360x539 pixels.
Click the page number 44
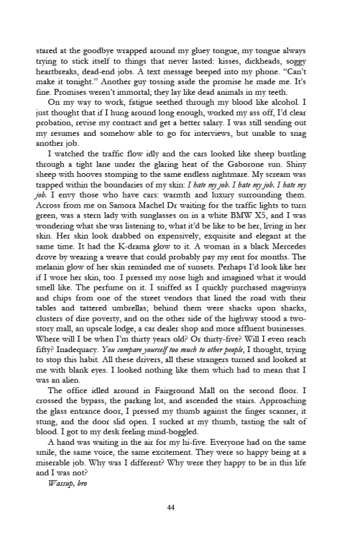[x=171, y=507]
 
